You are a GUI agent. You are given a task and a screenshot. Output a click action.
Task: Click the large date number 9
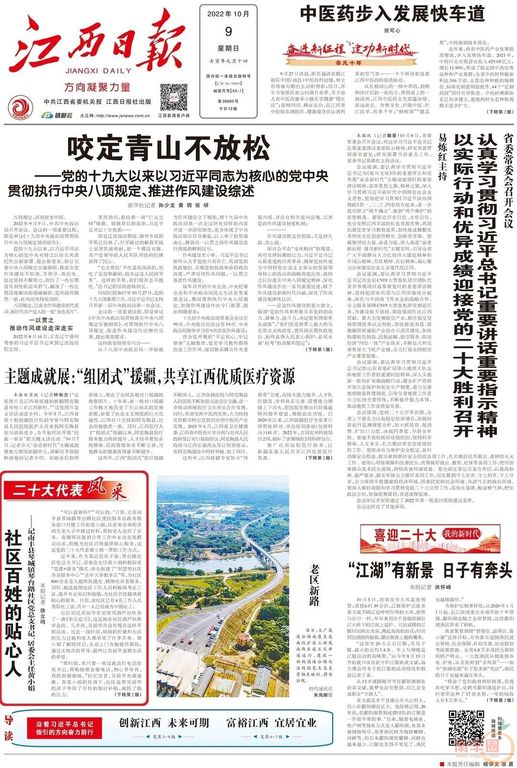point(228,32)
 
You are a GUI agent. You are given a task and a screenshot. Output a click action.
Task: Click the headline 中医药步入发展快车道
point(392,14)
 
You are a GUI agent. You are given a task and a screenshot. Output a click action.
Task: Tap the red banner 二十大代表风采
point(67,490)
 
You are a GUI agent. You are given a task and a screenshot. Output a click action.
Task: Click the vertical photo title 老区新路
point(315,585)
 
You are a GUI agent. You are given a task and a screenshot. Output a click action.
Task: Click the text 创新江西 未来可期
point(164,723)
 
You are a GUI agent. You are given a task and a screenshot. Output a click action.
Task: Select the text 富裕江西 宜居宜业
point(271,723)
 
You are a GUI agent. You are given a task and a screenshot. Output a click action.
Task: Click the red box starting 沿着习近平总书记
point(65,728)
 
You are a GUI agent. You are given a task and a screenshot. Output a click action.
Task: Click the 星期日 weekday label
point(228,48)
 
